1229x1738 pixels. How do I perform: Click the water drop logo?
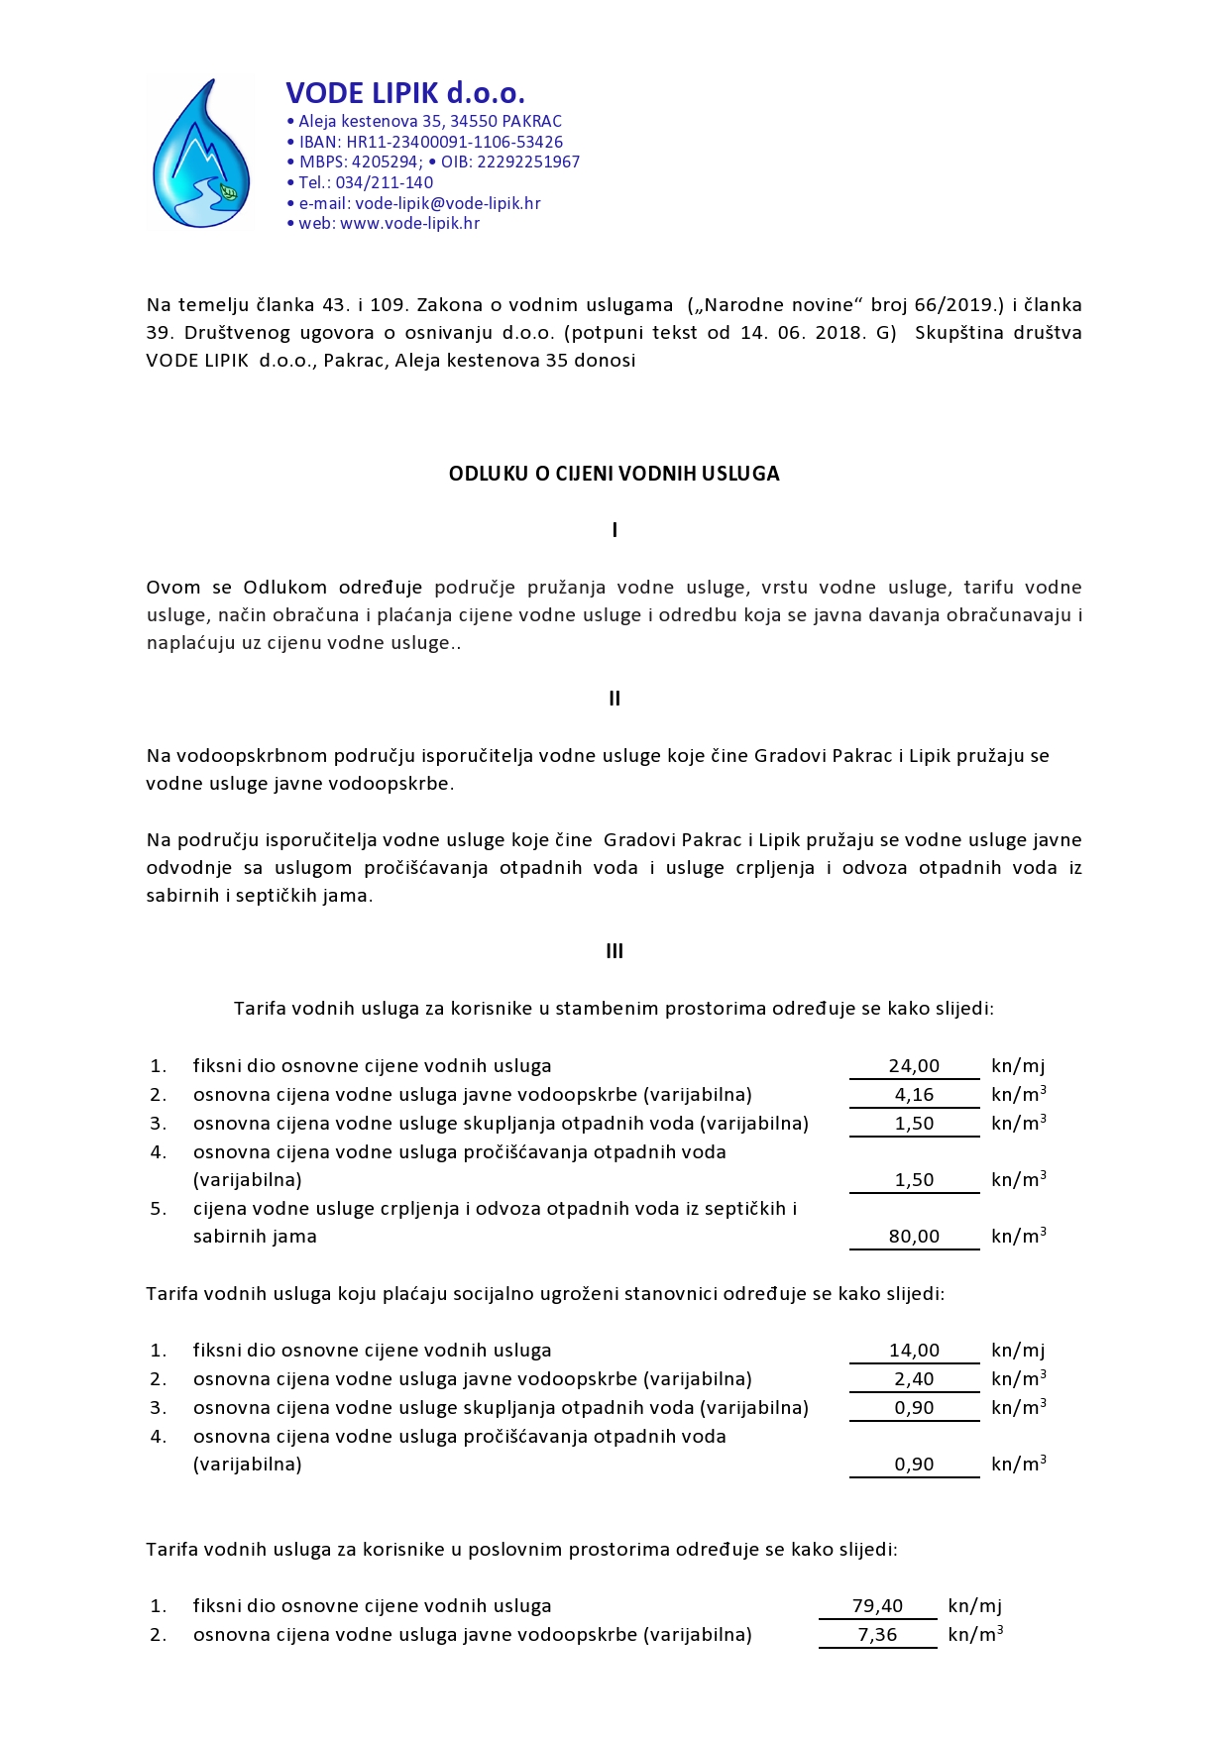point(201,154)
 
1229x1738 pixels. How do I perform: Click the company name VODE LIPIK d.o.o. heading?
point(405,93)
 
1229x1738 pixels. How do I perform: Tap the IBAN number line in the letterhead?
point(431,142)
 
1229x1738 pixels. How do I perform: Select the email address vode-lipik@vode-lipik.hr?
point(448,203)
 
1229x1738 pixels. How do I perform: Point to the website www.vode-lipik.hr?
point(410,223)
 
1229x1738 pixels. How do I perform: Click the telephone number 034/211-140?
point(385,182)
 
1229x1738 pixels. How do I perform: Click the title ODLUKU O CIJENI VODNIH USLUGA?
point(614,474)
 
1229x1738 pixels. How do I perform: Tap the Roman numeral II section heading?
point(614,699)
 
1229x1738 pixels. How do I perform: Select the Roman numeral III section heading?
point(614,951)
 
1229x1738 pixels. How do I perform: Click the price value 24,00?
point(914,1066)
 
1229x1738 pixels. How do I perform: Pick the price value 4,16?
point(914,1095)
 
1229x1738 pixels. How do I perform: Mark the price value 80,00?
point(914,1237)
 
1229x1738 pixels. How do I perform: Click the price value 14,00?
point(914,1351)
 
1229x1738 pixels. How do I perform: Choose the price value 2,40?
point(914,1379)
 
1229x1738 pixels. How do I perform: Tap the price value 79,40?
point(877,1606)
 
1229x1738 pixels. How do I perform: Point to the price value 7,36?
point(877,1635)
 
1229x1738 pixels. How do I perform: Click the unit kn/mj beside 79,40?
point(974,1606)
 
